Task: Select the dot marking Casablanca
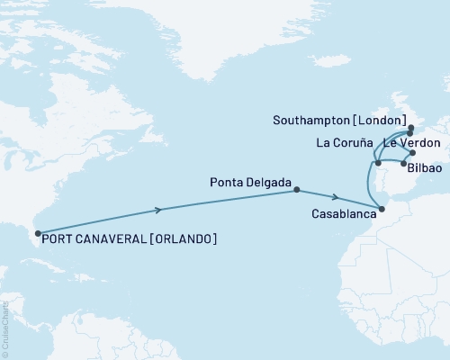tap(382, 209)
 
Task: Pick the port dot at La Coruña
tap(378, 163)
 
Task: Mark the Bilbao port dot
tap(402, 163)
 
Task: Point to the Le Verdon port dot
tap(412, 153)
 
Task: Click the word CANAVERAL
tap(112, 238)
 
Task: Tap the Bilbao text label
tap(424, 168)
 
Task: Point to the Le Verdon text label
tap(412, 143)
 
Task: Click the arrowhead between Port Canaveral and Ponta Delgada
tap(160, 210)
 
